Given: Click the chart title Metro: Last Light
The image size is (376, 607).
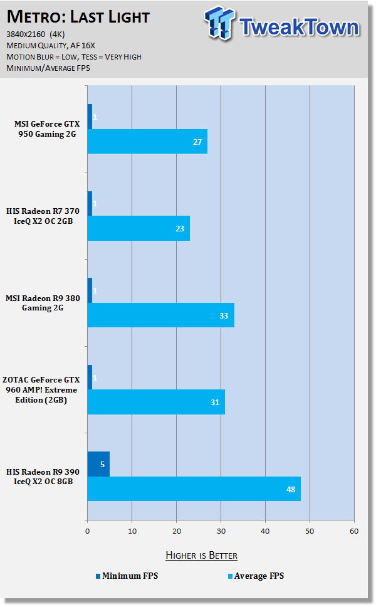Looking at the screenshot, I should coord(78,16).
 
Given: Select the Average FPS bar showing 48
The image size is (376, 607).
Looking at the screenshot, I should coord(194,488).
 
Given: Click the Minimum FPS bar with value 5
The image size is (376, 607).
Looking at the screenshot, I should coord(98,464).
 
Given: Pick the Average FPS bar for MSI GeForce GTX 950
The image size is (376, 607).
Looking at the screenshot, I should coord(147,142).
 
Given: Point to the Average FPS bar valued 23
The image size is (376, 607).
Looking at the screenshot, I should coord(138,228).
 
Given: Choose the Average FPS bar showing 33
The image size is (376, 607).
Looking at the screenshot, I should coord(160,315).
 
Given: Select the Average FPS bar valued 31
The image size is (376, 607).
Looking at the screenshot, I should coord(156,402).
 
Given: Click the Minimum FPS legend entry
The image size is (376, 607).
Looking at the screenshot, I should coord(126,576).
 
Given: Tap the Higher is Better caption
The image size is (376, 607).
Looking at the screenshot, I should coord(201,555).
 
